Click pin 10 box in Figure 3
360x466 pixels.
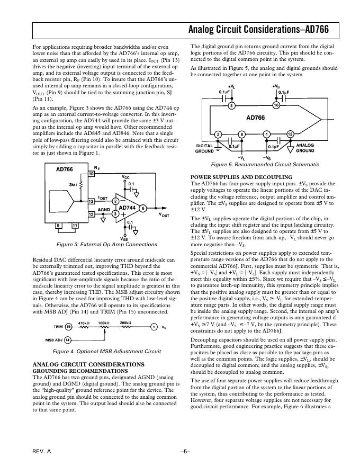91,174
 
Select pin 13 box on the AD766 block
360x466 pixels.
91,201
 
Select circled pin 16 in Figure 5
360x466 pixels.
276,106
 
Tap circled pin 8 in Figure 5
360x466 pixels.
241,134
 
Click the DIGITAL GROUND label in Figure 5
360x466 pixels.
205,148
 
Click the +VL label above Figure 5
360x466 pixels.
231,86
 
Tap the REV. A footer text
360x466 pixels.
42,451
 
